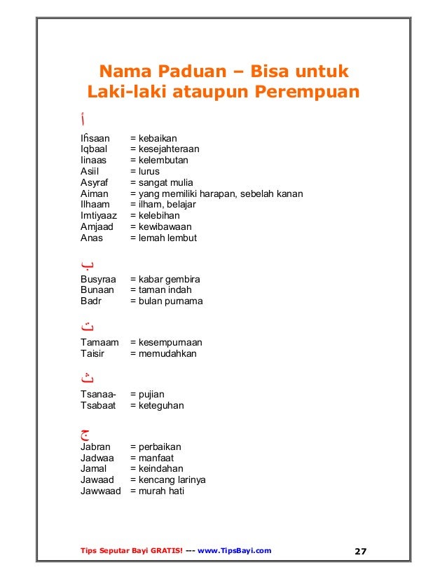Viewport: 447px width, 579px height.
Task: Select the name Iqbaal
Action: (x=94, y=149)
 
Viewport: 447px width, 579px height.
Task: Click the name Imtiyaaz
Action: (x=99, y=216)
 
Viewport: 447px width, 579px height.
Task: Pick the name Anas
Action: (x=92, y=238)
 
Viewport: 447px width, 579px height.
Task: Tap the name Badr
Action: (x=91, y=301)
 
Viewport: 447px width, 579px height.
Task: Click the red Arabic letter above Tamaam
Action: (x=88, y=326)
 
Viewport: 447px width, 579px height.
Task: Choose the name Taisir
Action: (x=93, y=354)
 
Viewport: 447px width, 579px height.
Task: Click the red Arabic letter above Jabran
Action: (x=86, y=431)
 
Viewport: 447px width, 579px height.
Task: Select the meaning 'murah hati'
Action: (x=162, y=491)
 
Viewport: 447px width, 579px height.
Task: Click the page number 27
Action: (x=360, y=551)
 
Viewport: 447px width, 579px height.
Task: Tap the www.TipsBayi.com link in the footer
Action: (x=235, y=551)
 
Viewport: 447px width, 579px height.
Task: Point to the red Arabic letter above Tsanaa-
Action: (x=87, y=378)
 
